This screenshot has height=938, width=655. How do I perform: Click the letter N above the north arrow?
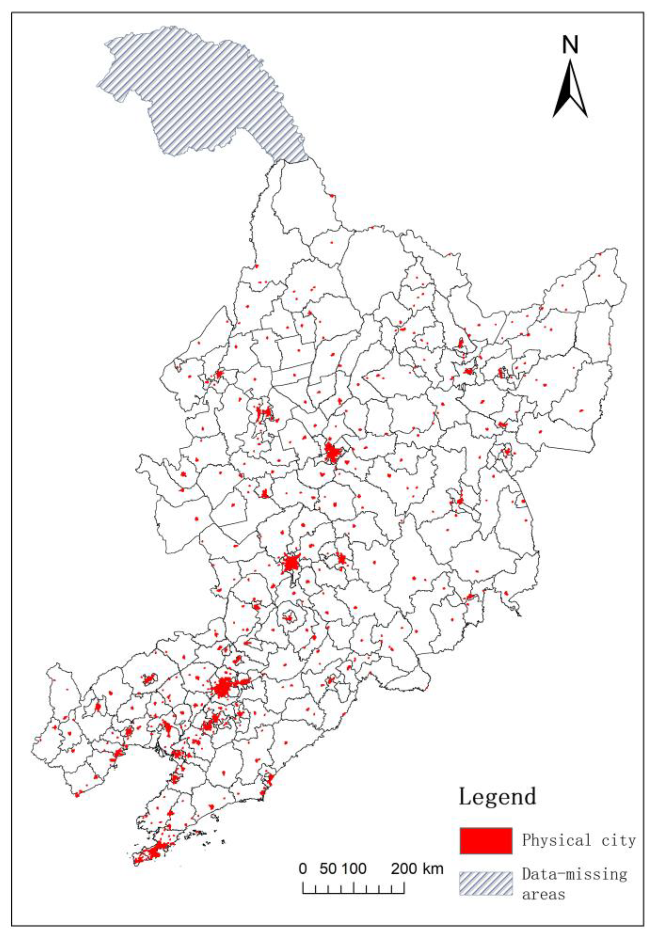pos(570,44)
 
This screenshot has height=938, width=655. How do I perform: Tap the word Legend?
pos(497,797)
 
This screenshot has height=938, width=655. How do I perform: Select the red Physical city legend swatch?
pos(486,840)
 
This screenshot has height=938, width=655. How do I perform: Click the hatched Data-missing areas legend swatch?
pos(486,883)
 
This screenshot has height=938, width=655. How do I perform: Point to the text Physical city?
pos(579,840)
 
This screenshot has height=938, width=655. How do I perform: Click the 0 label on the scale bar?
pos(303,868)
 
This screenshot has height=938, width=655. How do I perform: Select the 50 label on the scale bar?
pos(328,868)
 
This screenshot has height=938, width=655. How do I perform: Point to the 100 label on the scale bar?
pos(354,868)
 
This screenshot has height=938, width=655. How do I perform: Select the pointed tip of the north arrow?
pos(570,60)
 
